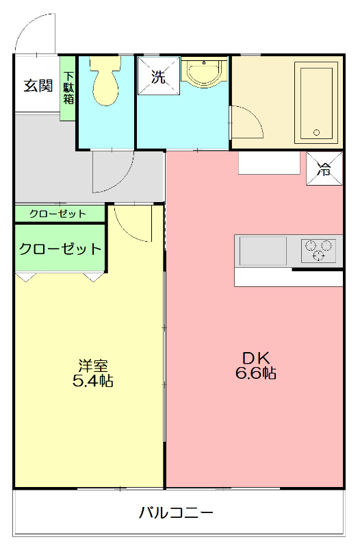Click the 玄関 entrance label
coord(38,86)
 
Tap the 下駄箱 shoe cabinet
coord(68,88)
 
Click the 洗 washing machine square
coord(159,77)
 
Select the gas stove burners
coord(318,250)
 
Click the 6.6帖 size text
coord(257,374)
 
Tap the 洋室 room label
coord(92,365)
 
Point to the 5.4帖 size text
coord(92,382)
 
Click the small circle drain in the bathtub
coord(316,132)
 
